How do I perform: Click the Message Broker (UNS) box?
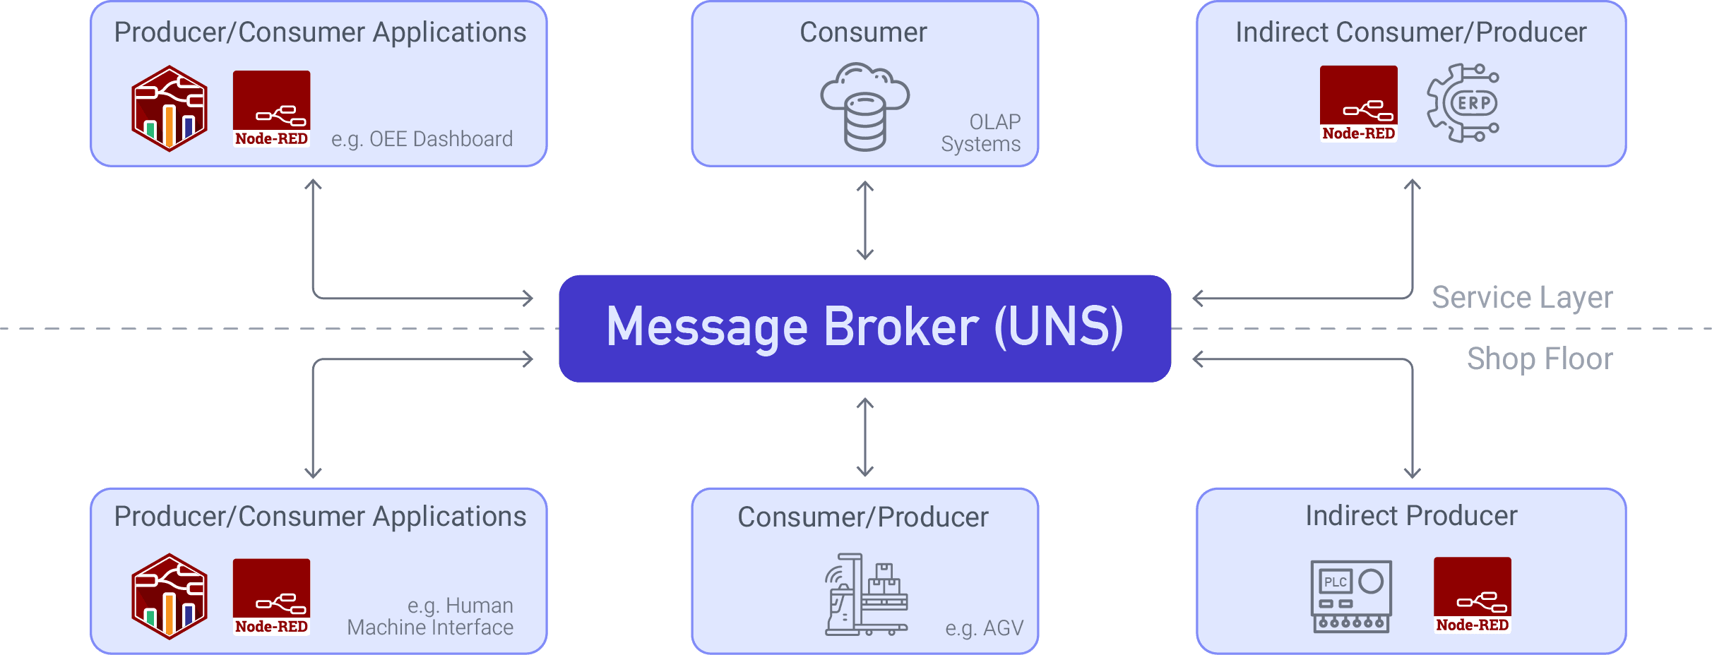click(x=864, y=328)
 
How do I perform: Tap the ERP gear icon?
click(x=1463, y=103)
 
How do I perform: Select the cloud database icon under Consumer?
click(x=864, y=107)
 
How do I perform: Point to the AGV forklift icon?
click(x=866, y=594)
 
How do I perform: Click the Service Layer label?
click(x=1522, y=297)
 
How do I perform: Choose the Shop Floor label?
click(x=1540, y=359)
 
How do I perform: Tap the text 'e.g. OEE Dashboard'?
click(x=422, y=139)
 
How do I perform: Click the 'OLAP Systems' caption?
click(x=982, y=133)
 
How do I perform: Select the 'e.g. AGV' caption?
click(x=984, y=627)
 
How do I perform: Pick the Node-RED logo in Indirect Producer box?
click(x=1472, y=595)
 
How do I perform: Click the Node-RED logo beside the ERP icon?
click(x=1358, y=104)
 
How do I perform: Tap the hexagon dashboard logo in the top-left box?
click(x=170, y=109)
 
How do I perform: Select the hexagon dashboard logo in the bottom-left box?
click(x=170, y=596)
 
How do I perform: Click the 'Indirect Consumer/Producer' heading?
click(x=1410, y=32)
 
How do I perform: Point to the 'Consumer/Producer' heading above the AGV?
click(x=863, y=517)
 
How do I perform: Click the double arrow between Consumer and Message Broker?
click(x=864, y=221)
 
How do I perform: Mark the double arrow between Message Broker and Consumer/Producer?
click(x=864, y=437)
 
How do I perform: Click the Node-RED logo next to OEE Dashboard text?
click(x=271, y=109)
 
